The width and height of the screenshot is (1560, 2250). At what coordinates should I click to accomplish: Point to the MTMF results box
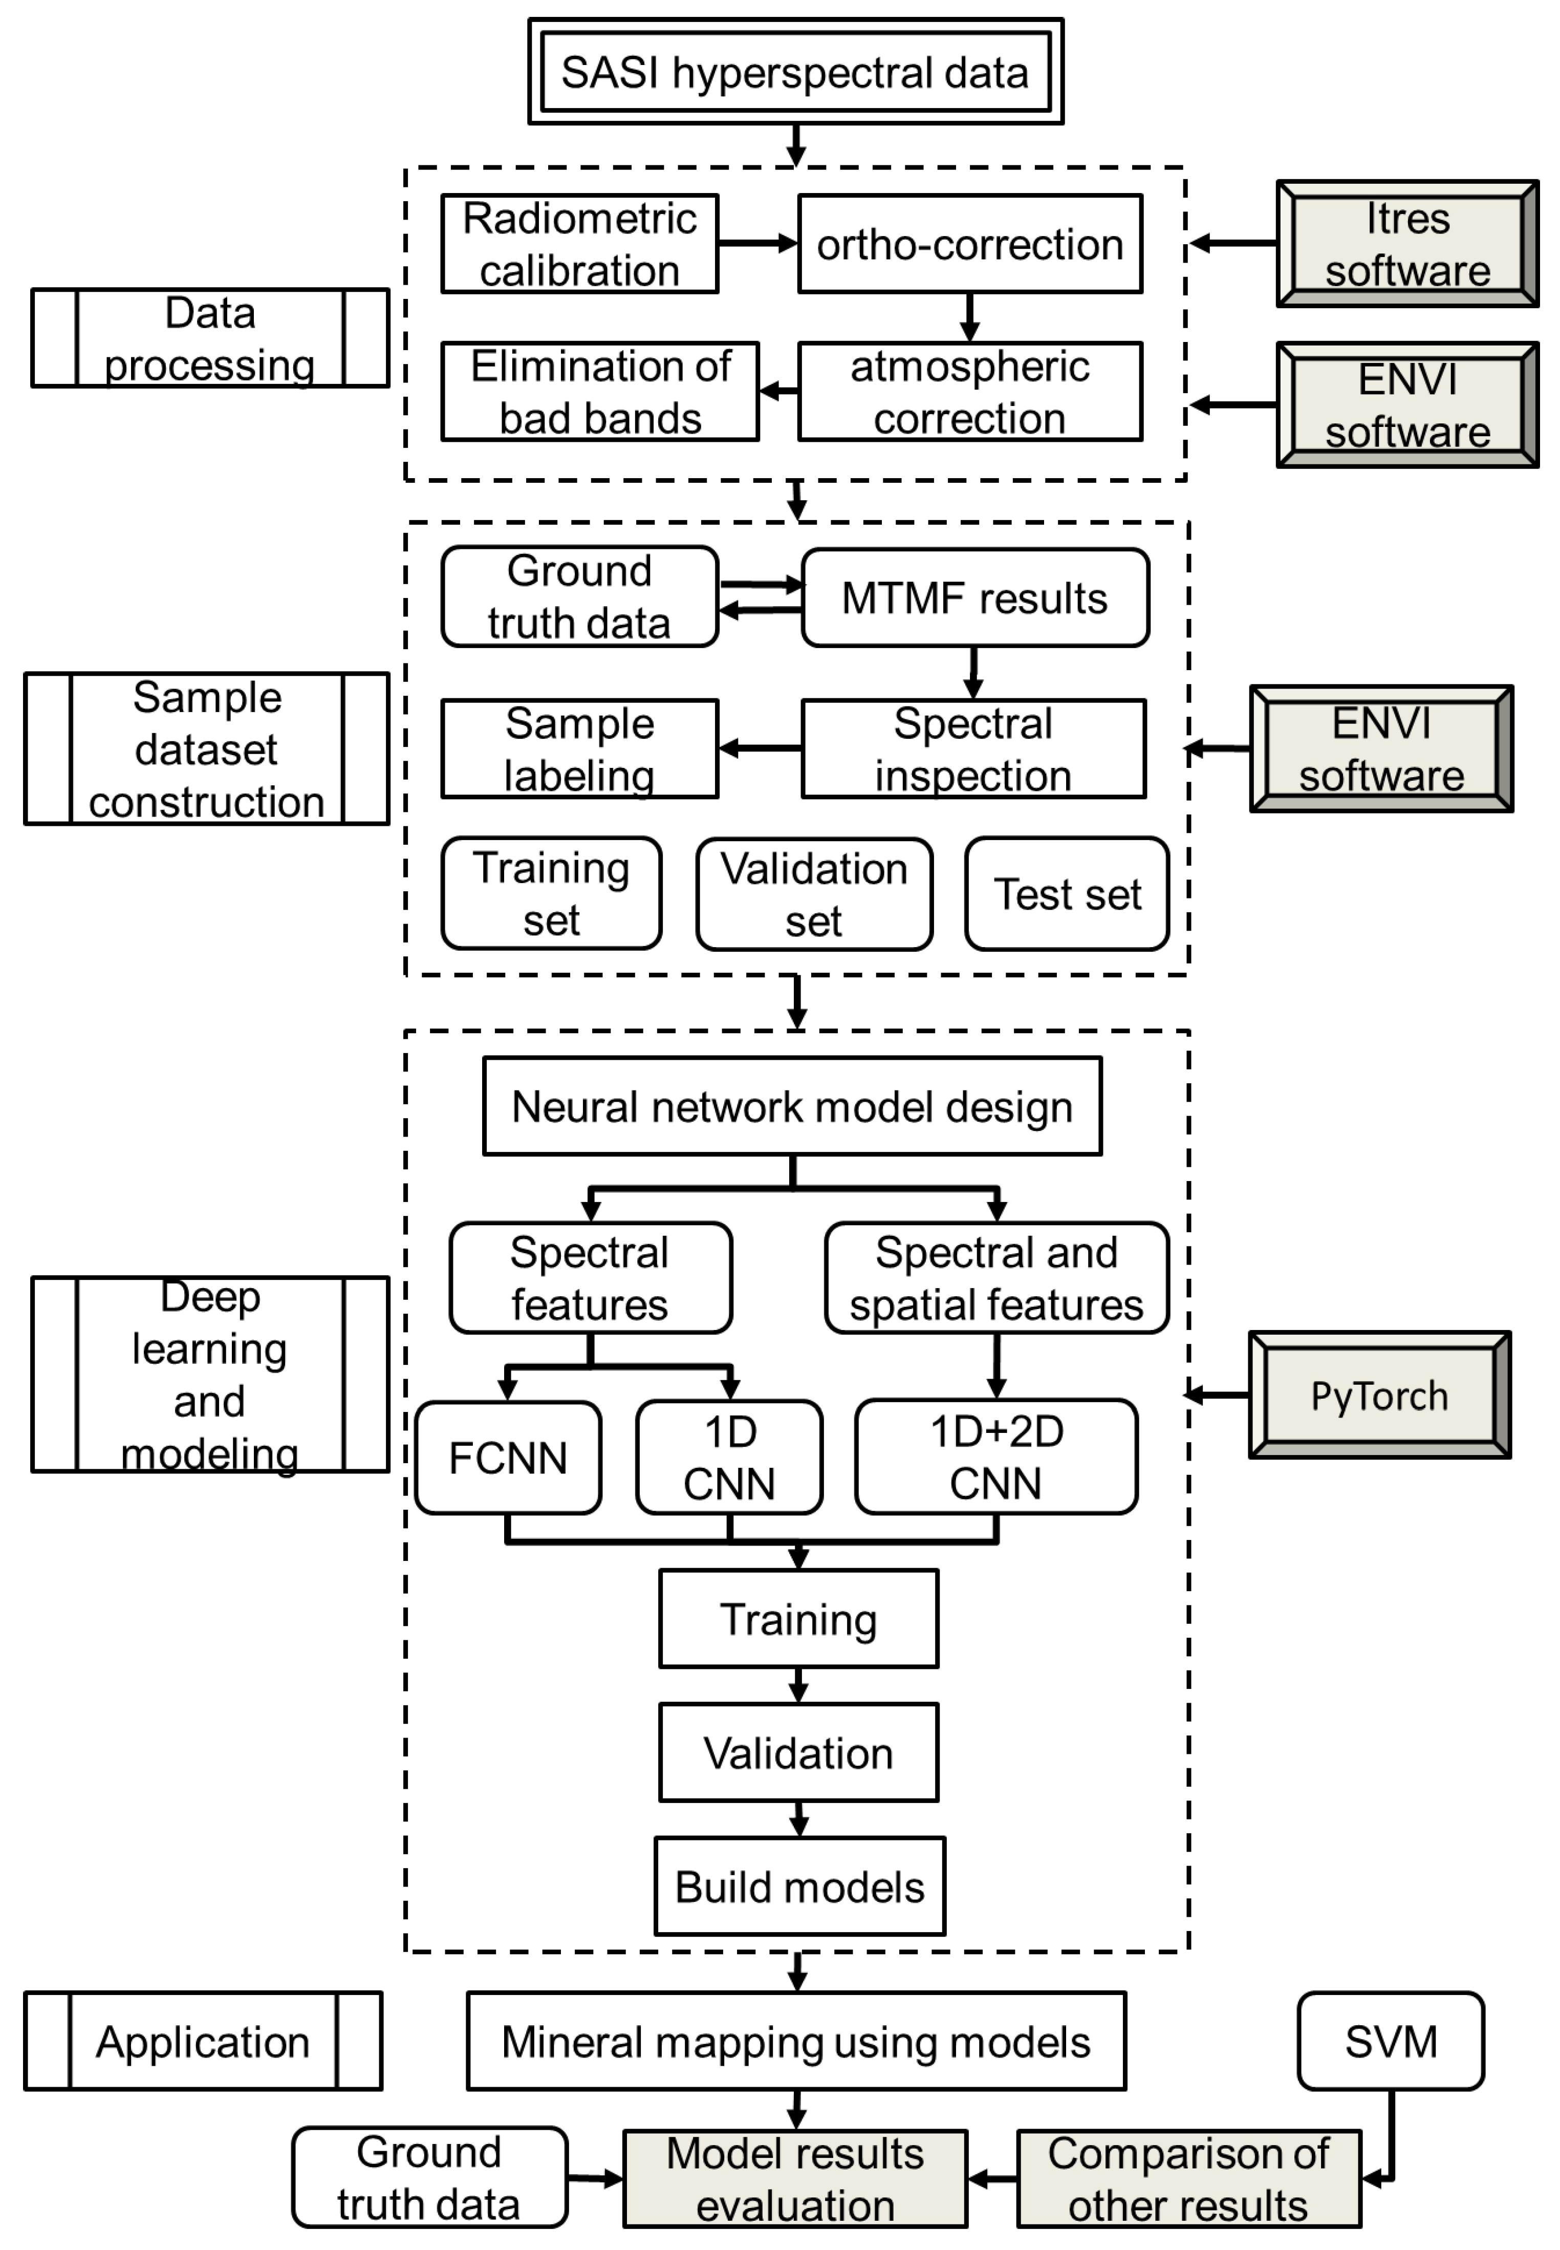coord(974,598)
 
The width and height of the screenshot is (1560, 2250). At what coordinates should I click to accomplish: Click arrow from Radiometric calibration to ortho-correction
coord(757,243)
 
